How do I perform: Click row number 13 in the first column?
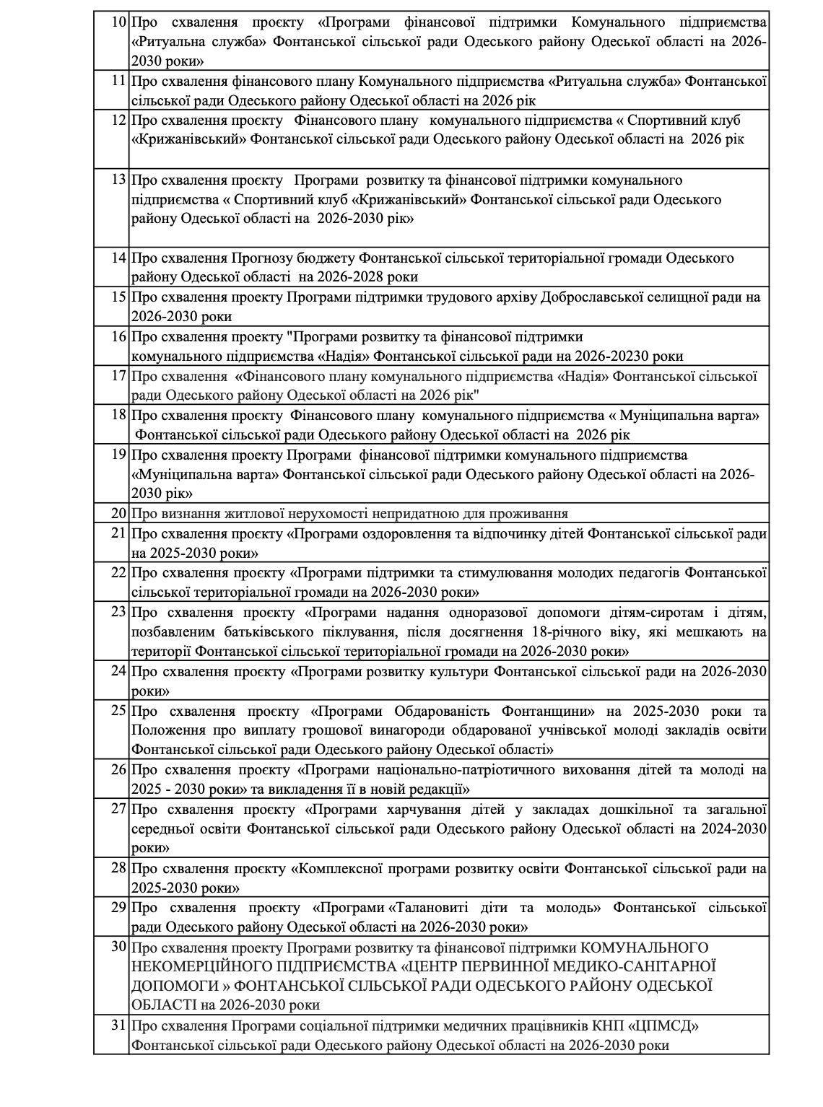[x=119, y=180]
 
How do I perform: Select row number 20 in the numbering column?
[x=119, y=514]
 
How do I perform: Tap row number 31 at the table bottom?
[x=119, y=1025]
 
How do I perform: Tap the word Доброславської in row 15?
[x=589, y=297]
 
